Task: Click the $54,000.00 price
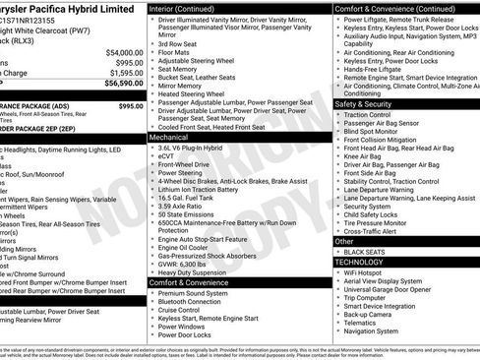118,52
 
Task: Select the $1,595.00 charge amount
120,72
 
